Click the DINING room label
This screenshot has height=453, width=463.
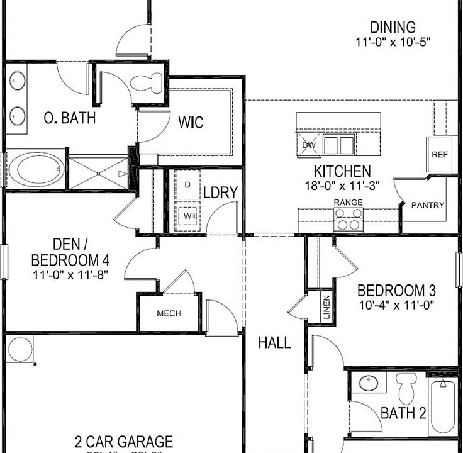point(393,28)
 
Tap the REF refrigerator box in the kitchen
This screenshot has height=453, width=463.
point(438,154)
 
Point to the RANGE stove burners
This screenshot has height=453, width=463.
point(348,219)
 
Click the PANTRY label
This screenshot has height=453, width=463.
point(428,205)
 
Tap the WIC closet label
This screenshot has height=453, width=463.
point(191,122)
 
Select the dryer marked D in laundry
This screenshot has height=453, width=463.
point(187,185)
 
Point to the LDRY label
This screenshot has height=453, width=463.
point(220,192)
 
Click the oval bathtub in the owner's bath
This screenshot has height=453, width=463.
point(36,169)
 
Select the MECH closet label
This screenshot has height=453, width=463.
point(169,313)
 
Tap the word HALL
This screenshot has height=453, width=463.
point(275,343)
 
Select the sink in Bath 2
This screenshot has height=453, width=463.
point(369,383)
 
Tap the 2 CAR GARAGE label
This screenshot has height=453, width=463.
point(123,441)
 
